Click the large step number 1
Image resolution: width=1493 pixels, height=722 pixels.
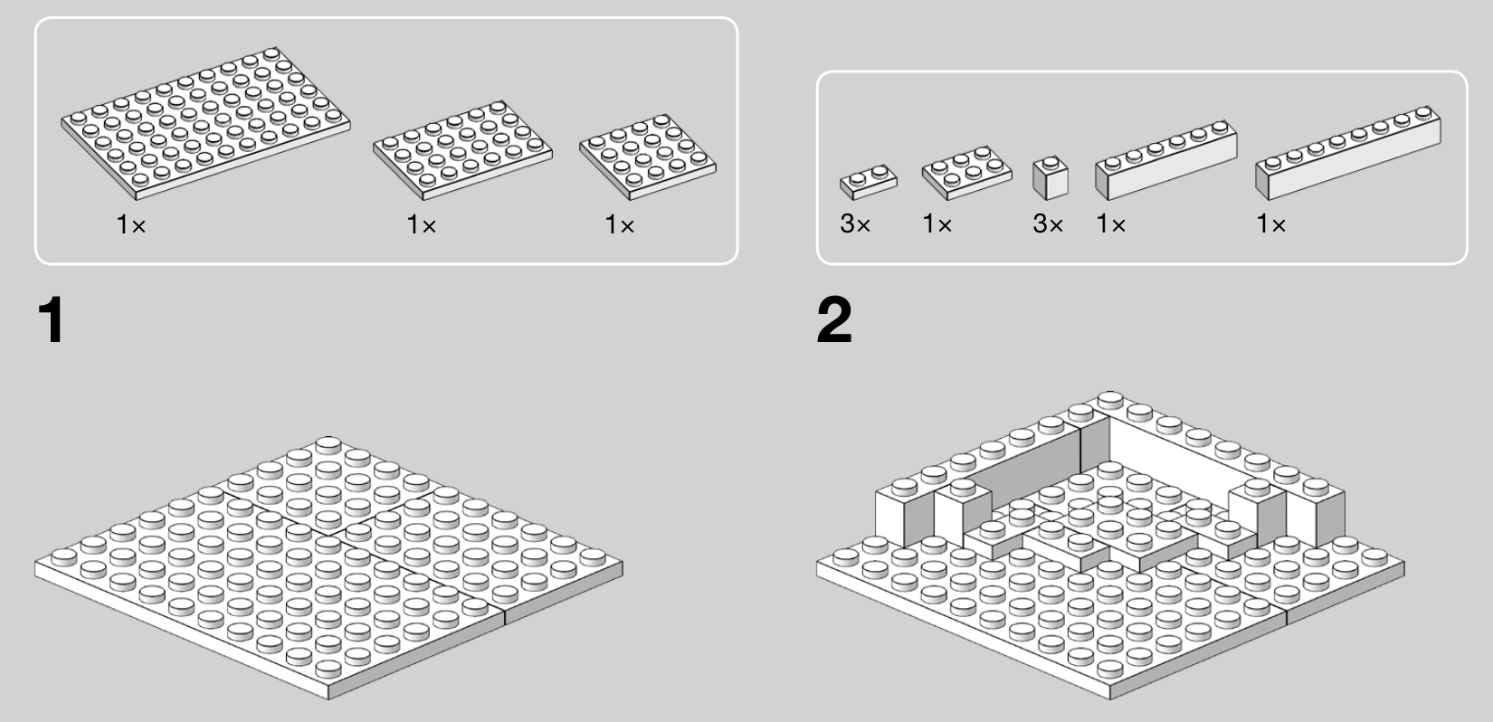52,320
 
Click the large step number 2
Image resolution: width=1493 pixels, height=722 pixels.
833,320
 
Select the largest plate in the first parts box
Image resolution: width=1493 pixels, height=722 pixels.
205,123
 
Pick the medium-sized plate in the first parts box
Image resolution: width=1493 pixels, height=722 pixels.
462,150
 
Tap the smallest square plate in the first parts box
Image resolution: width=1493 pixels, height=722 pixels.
648,157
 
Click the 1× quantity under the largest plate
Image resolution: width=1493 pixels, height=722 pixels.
130,224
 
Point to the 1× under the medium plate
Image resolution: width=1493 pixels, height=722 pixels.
422,224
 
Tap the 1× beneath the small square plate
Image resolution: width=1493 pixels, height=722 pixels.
619,224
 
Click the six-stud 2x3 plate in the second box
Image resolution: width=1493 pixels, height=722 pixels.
966,173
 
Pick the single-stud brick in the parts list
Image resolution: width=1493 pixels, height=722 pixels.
1051,178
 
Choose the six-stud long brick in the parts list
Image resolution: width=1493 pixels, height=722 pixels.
1165,160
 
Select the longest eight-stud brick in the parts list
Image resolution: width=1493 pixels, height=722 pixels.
1347,153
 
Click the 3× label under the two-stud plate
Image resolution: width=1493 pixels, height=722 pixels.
855,224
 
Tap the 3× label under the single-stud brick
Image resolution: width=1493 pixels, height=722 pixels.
1048,224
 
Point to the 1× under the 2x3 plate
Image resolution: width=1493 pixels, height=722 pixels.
937,224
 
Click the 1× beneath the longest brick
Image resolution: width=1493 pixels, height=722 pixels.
1270,224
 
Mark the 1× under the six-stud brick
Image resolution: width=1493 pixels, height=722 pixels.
1110,224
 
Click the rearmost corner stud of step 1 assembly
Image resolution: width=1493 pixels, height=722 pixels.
328,444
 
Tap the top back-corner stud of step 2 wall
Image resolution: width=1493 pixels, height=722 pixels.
1109,400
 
